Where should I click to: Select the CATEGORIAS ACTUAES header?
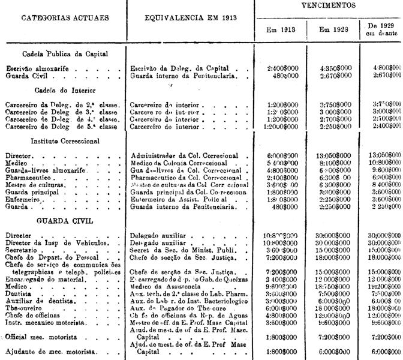65,17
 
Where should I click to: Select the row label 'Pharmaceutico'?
30,178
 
